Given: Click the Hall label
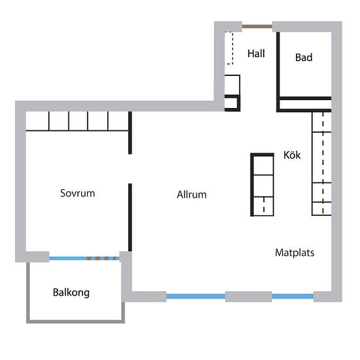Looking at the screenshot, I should coord(256,54).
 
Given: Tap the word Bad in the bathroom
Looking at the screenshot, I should coord(304,58).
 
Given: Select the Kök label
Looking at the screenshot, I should coord(292,156).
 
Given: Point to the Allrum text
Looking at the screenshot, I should coord(192,194).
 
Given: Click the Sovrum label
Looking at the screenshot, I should coord(78,193).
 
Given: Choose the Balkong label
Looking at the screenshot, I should coord(71,293).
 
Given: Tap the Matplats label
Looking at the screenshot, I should coord(295,252).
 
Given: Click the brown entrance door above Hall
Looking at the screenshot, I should coord(257,26).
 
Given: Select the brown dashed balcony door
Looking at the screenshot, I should coord(103,259).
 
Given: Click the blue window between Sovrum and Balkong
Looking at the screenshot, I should coord(68,259).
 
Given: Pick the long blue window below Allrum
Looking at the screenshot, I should coord(196,297).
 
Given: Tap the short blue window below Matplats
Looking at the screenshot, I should coord(293,297).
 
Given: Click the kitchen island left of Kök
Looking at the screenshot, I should coord(262,185).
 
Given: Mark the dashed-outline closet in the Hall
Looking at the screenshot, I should coord(230,48).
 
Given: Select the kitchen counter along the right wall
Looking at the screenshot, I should coord(321,164).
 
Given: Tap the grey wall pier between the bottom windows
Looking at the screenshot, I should coord(248,297).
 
